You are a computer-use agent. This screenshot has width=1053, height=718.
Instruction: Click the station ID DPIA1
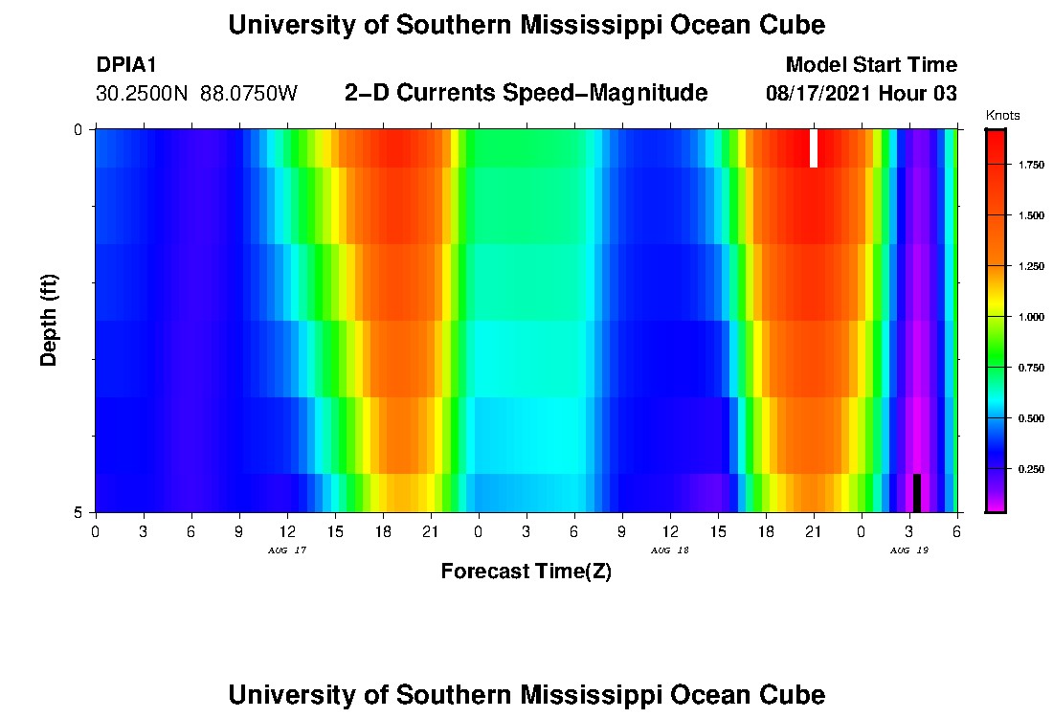[126, 65]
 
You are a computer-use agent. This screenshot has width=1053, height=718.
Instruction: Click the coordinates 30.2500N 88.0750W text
[197, 94]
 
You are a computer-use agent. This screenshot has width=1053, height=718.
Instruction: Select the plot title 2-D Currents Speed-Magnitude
[526, 93]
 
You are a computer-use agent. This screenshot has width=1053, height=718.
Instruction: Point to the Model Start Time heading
[870, 65]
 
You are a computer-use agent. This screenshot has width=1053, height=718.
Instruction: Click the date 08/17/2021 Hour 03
[862, 94]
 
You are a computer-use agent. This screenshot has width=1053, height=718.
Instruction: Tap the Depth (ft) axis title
[50, 320]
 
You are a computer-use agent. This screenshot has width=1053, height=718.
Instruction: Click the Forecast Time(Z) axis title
[526, 572]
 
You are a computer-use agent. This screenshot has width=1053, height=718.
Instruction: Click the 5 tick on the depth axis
[78, 512]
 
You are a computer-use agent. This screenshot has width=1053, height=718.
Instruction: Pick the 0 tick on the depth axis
[78, 129]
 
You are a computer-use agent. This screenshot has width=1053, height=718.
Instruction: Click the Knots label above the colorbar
[1002, 116]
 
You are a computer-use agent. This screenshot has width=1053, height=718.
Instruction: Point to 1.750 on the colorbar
[1030, 166]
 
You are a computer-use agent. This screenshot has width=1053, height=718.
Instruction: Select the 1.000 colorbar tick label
[1030, 317]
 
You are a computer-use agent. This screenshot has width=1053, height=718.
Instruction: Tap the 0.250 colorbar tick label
[1030, 469]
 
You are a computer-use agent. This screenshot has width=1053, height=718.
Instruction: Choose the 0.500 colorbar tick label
[1030, 418]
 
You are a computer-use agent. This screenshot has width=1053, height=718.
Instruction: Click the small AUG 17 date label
[286, 550]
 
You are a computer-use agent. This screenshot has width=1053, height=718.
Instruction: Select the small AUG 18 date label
[669, 550]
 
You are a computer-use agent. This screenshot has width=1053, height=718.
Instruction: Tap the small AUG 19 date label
[908, 550]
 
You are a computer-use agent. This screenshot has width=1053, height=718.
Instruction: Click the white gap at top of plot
[814, 148]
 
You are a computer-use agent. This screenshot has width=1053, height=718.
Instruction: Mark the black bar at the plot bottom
[916, 493]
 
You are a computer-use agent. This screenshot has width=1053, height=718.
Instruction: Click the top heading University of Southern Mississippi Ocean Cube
[526, 26]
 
